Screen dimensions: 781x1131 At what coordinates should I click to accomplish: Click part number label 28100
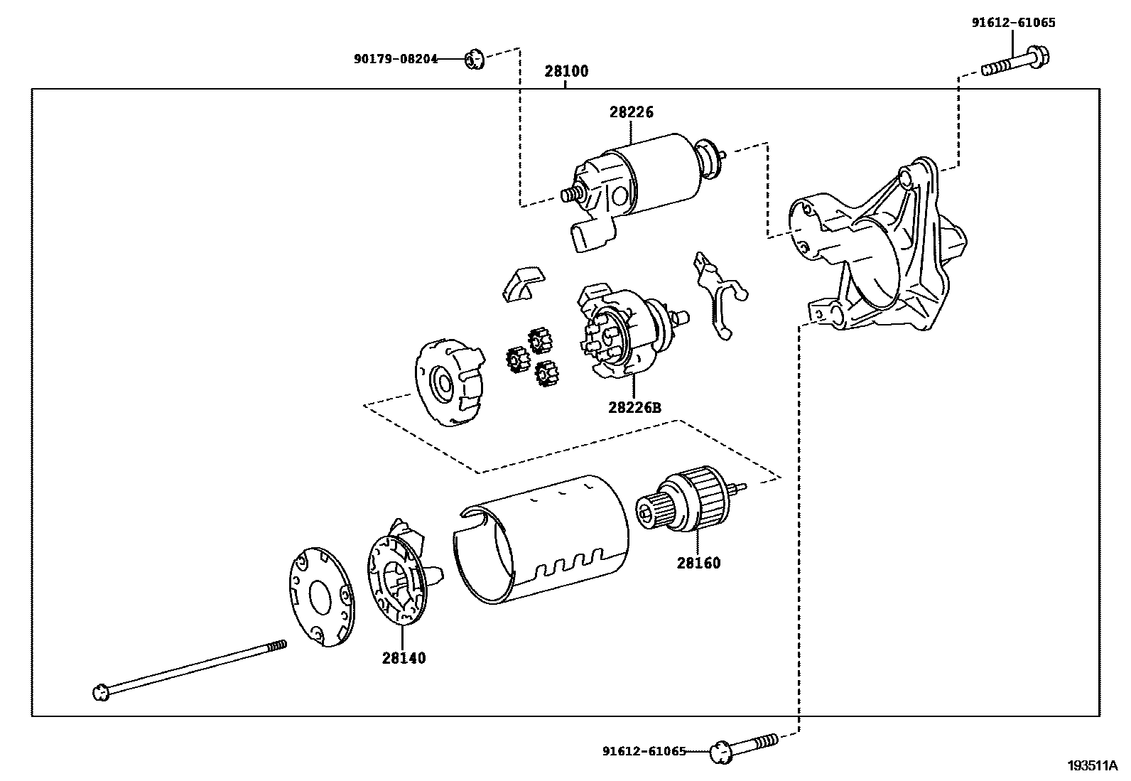[x=566, y=72]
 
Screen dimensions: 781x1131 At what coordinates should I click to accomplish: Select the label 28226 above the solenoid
[x=631, y=112]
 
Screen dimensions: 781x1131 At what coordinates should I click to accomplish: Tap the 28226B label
[x=634, y=408]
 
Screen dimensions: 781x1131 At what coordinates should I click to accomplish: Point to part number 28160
[x=698, y=564]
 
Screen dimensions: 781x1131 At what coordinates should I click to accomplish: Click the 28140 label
[x=404, y=659]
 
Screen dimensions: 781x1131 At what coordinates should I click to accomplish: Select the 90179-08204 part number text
[x=396, y=60]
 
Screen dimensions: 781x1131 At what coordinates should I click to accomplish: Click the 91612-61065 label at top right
[x=1013, y=23]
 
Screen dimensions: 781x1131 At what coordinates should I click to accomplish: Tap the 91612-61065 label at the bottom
[x=644, y=751]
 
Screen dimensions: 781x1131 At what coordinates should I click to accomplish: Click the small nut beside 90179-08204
[x=474, y=60]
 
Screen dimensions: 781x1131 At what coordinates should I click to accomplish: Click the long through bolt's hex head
[x=101, y=691]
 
